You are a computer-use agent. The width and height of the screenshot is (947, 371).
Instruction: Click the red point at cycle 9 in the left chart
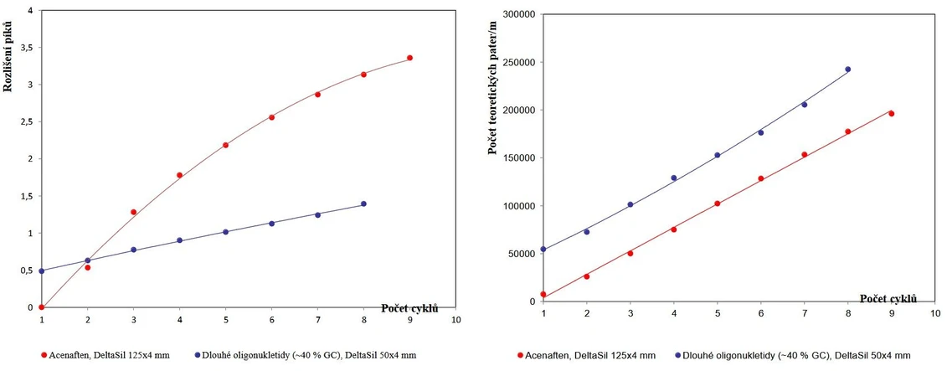[x=409, y=58]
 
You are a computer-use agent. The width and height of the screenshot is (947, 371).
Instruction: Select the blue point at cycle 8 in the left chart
[x=363, y=204]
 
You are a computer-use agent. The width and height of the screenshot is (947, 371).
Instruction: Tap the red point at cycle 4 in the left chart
[x=179, y=175]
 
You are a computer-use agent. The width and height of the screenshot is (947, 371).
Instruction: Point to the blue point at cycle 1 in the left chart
[x=42, y=271]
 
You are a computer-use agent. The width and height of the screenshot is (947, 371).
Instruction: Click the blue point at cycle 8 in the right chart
[x=847, y=70]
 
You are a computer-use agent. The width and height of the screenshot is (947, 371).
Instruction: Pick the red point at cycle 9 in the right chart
[x=891, y=113]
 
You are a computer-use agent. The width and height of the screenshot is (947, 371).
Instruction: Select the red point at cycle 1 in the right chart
[x=543, y=294]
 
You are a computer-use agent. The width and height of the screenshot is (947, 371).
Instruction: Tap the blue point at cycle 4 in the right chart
[x=674, y=178]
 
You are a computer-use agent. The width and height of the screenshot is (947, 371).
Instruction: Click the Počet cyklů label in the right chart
[x=888, y=299]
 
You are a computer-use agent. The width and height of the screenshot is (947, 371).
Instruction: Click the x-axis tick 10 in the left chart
[x=455, y=319]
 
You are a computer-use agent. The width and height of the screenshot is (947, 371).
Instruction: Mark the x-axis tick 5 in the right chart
[x=717, y=313]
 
